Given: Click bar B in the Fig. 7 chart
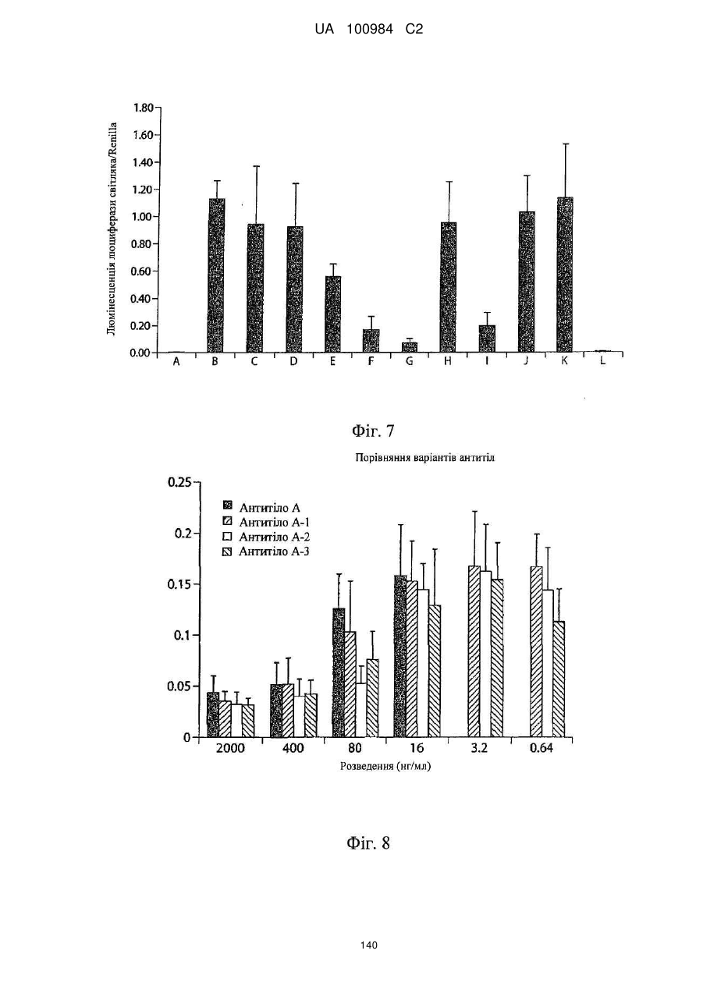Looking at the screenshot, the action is (215, 275).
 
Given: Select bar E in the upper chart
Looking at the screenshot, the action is (332, 314).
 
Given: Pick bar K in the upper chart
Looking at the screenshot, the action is (565, 275).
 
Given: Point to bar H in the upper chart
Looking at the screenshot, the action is (449, 288).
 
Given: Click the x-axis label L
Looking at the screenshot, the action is (603, 361).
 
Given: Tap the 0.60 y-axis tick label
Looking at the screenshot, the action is (142, 271).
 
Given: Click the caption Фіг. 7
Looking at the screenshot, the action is (373, 431).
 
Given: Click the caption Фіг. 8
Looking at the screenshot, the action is (368, 843).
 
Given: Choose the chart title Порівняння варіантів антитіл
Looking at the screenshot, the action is (425, 458).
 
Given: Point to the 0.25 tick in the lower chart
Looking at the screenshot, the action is (179, 483).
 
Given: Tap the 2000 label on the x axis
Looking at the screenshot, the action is (230, 748).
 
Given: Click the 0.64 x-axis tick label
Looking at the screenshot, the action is (541, 748).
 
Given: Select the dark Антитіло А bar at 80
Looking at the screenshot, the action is (339, 673).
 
